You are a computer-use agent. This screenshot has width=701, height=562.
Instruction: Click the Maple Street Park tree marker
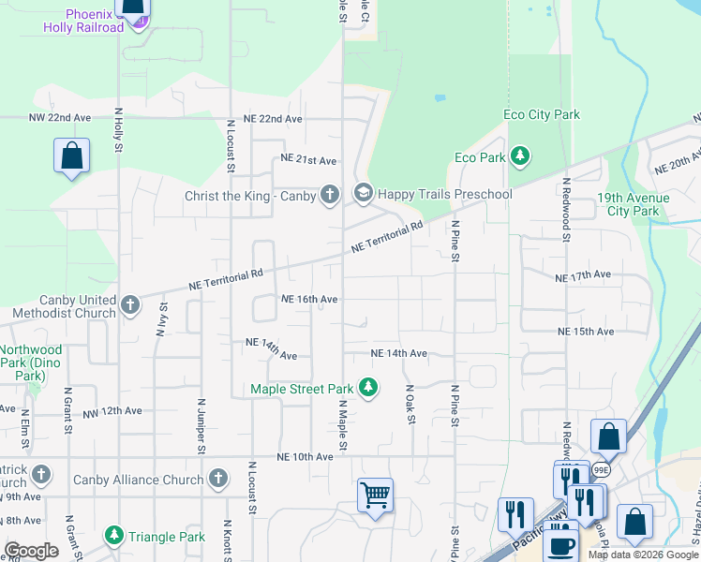click(368, 388)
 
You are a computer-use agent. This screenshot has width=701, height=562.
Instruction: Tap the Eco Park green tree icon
click(519, 157)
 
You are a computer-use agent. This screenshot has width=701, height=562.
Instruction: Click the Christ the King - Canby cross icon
click(329, 194)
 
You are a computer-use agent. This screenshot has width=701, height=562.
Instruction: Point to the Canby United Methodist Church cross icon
click(130, 304)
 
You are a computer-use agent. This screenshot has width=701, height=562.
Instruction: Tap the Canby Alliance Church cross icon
click(217, 479)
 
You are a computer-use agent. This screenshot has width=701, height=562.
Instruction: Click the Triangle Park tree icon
click(114, 536)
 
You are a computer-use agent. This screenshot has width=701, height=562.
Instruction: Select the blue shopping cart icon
click(375, 494)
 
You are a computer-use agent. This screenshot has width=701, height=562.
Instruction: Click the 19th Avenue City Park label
click(634, 204)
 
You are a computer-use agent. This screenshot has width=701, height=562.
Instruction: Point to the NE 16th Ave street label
click(309, 299)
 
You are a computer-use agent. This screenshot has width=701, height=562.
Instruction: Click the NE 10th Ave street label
click(305, 457)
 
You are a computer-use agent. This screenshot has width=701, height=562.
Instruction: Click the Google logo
click(32, 551)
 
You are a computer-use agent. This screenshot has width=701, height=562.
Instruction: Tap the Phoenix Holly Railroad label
click(83, 21)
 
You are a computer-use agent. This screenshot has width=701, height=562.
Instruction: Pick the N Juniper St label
click(201, 424)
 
